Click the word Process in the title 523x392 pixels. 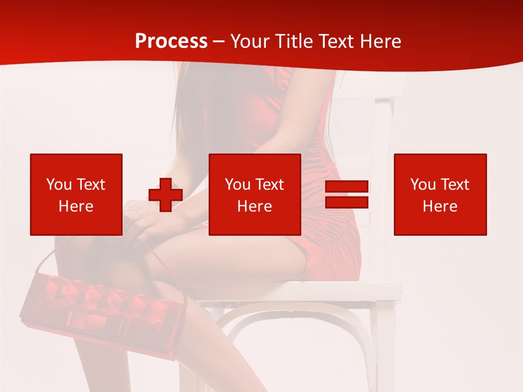tap(171, 41)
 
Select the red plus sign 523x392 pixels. tap(166, 194)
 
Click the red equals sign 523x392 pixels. tap(346, 194)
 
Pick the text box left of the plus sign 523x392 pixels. tap(76, 194)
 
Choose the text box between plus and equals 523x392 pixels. tap(255, 194)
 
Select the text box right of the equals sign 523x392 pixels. tap(440, 194)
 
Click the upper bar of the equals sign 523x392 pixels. tap(346, 187)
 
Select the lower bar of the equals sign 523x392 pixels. tap(346, 202)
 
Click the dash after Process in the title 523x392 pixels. tap(219, 41)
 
